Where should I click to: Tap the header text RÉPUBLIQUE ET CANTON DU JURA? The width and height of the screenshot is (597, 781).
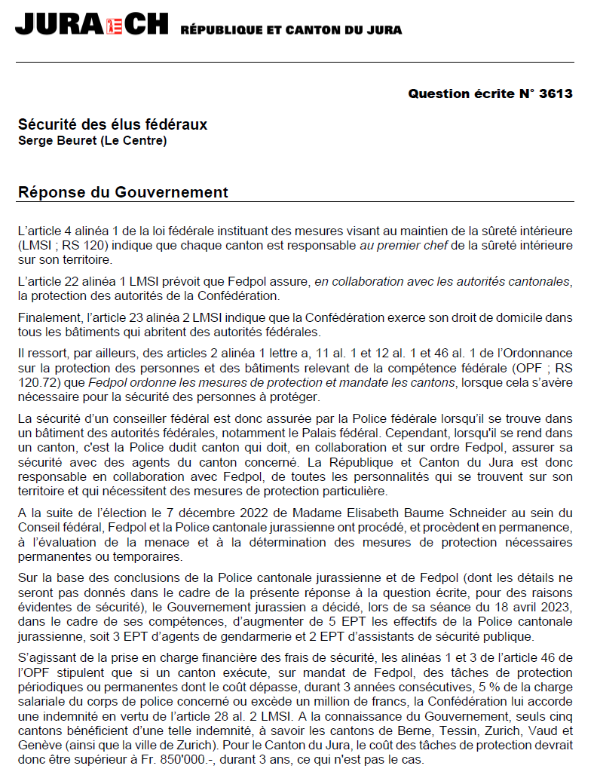point(291,30)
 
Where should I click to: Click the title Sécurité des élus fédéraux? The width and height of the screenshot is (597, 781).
point(112,124)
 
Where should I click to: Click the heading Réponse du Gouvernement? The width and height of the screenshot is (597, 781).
point(123,192)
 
